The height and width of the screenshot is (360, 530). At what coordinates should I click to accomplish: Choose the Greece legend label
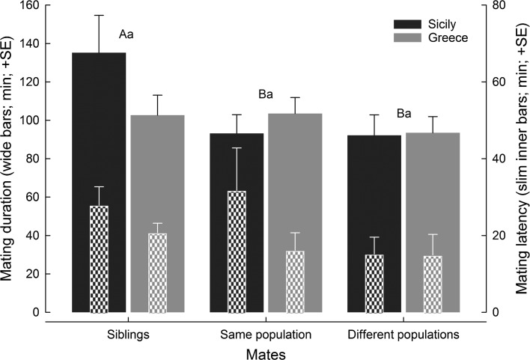[x=451, y=38]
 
